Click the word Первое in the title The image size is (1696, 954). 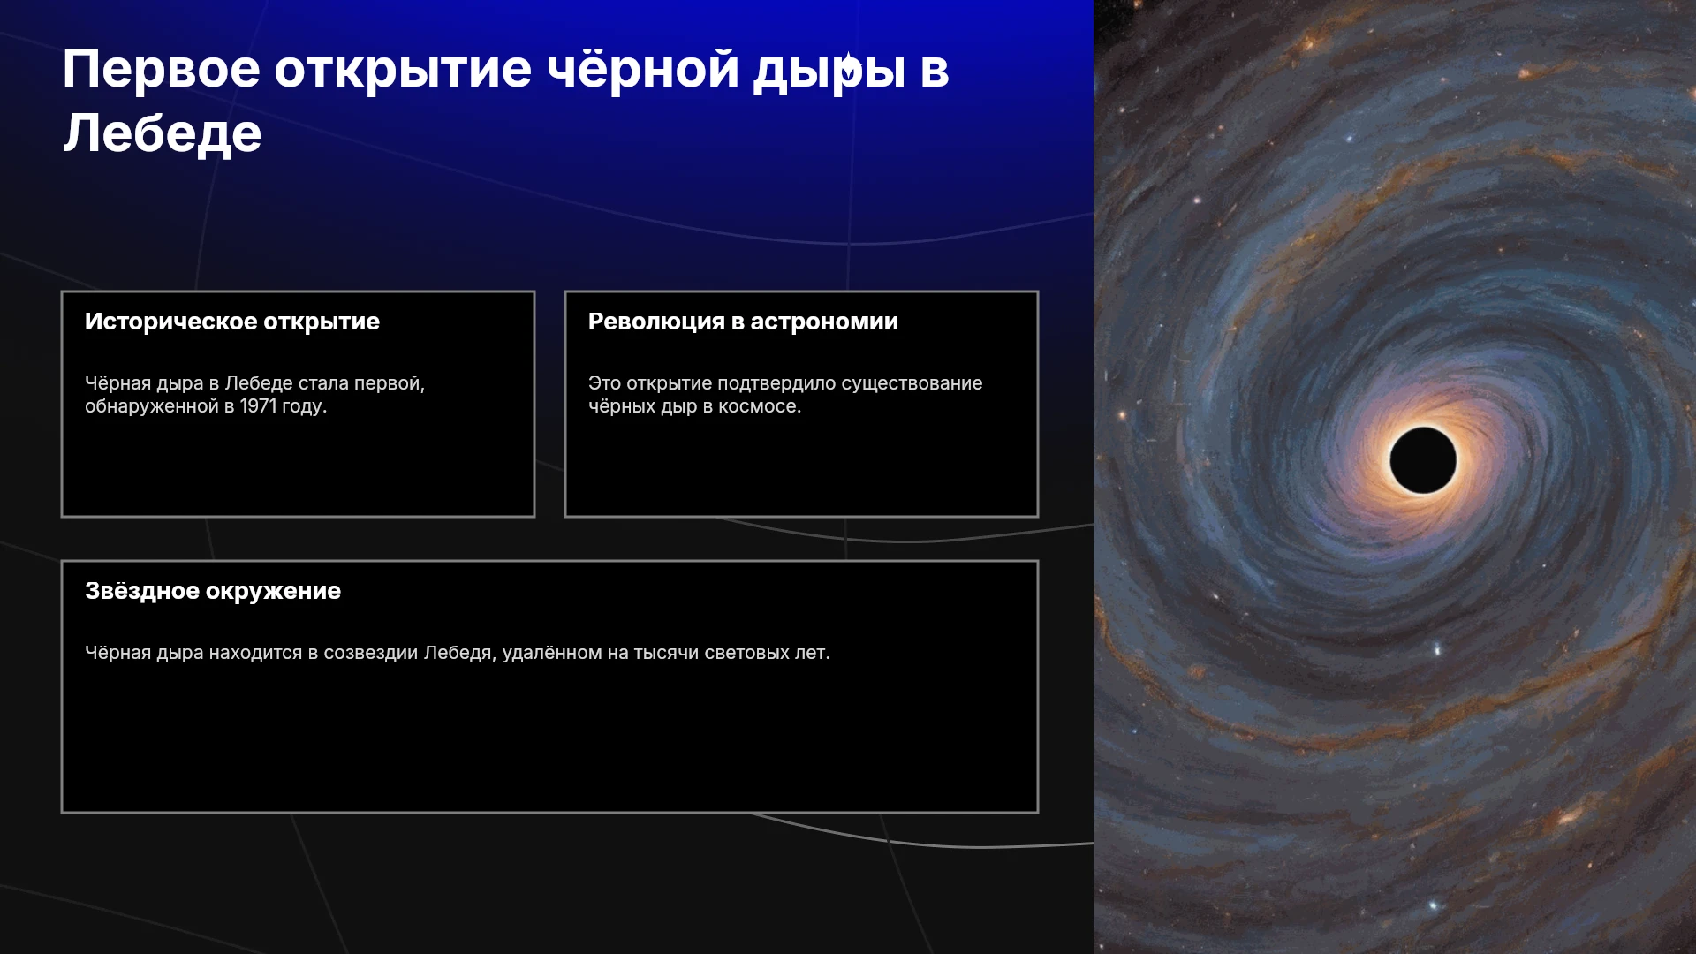point(162,69)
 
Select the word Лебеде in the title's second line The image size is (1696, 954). point(163,133)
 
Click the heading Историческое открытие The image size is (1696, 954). point(232,322)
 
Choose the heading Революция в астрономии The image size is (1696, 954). point(743,322)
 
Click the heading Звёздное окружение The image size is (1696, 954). point(213,591)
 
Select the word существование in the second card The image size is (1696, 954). point(912,383)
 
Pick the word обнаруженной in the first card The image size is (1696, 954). point(151,406)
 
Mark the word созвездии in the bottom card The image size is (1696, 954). point(371,653)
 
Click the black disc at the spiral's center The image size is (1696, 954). point(1423,460)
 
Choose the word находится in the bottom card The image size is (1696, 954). point(255,653)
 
